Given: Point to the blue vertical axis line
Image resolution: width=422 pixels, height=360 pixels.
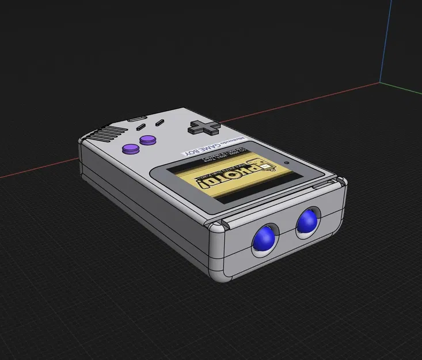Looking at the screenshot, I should (x=387, y=40).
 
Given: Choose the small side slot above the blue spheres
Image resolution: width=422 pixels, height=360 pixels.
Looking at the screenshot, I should (x=318, y=186).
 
